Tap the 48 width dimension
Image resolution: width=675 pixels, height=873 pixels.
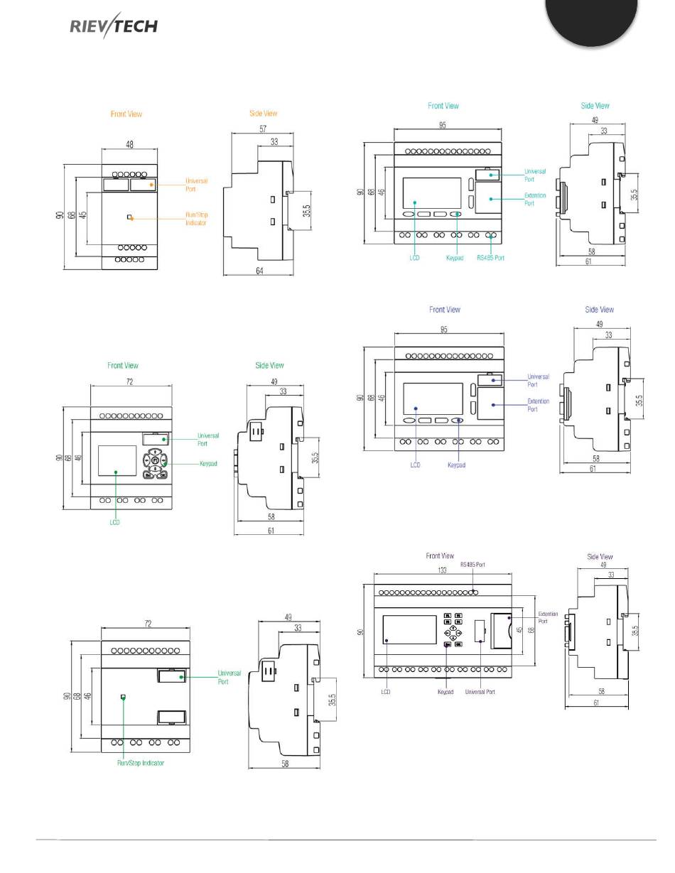pos(130,143)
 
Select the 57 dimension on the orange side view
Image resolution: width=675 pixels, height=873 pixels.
pos(262,129)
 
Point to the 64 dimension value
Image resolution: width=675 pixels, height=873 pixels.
pos(259,271)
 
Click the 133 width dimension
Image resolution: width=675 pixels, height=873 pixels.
pos(441,571)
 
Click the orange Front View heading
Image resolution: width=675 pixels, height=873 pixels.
pos(126,114)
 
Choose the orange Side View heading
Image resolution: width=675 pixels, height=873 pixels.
pos(263,113)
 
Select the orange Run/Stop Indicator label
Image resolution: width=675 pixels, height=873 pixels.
pos(196,219)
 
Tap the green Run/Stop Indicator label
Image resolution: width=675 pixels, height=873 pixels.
pos(141,763)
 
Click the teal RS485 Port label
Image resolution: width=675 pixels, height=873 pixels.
pos(490,258)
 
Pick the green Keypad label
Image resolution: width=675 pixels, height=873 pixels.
pos(207,463)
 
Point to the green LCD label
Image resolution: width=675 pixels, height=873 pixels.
pos(115,522)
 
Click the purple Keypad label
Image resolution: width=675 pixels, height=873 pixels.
pos(456,465)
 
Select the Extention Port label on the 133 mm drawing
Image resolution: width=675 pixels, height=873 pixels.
pos(548,617)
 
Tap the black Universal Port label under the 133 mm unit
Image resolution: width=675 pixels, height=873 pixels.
pos(480,691)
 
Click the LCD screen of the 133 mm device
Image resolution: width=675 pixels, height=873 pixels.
pos(409,629)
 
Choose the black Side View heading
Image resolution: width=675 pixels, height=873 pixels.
pos(600,557)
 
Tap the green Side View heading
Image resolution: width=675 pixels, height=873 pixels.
pos(269,365)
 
